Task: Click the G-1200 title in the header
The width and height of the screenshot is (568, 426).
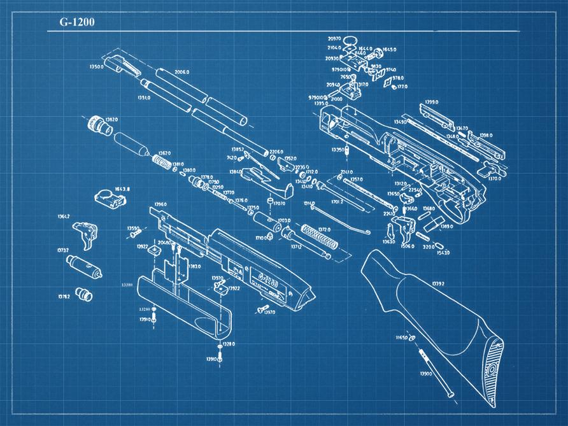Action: pos(77,22)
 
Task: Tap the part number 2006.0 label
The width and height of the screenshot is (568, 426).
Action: pos(182,72)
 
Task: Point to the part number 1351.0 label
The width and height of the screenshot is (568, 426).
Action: pos(143,98)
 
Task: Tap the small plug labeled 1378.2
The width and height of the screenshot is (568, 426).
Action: pos(83,294)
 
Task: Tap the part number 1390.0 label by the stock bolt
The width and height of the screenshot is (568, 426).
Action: pos(426,374)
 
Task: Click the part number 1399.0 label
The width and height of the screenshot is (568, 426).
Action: pos(432,102)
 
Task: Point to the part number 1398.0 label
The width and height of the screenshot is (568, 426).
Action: pos(486,135)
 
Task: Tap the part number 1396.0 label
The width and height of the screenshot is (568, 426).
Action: pos(160,204)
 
